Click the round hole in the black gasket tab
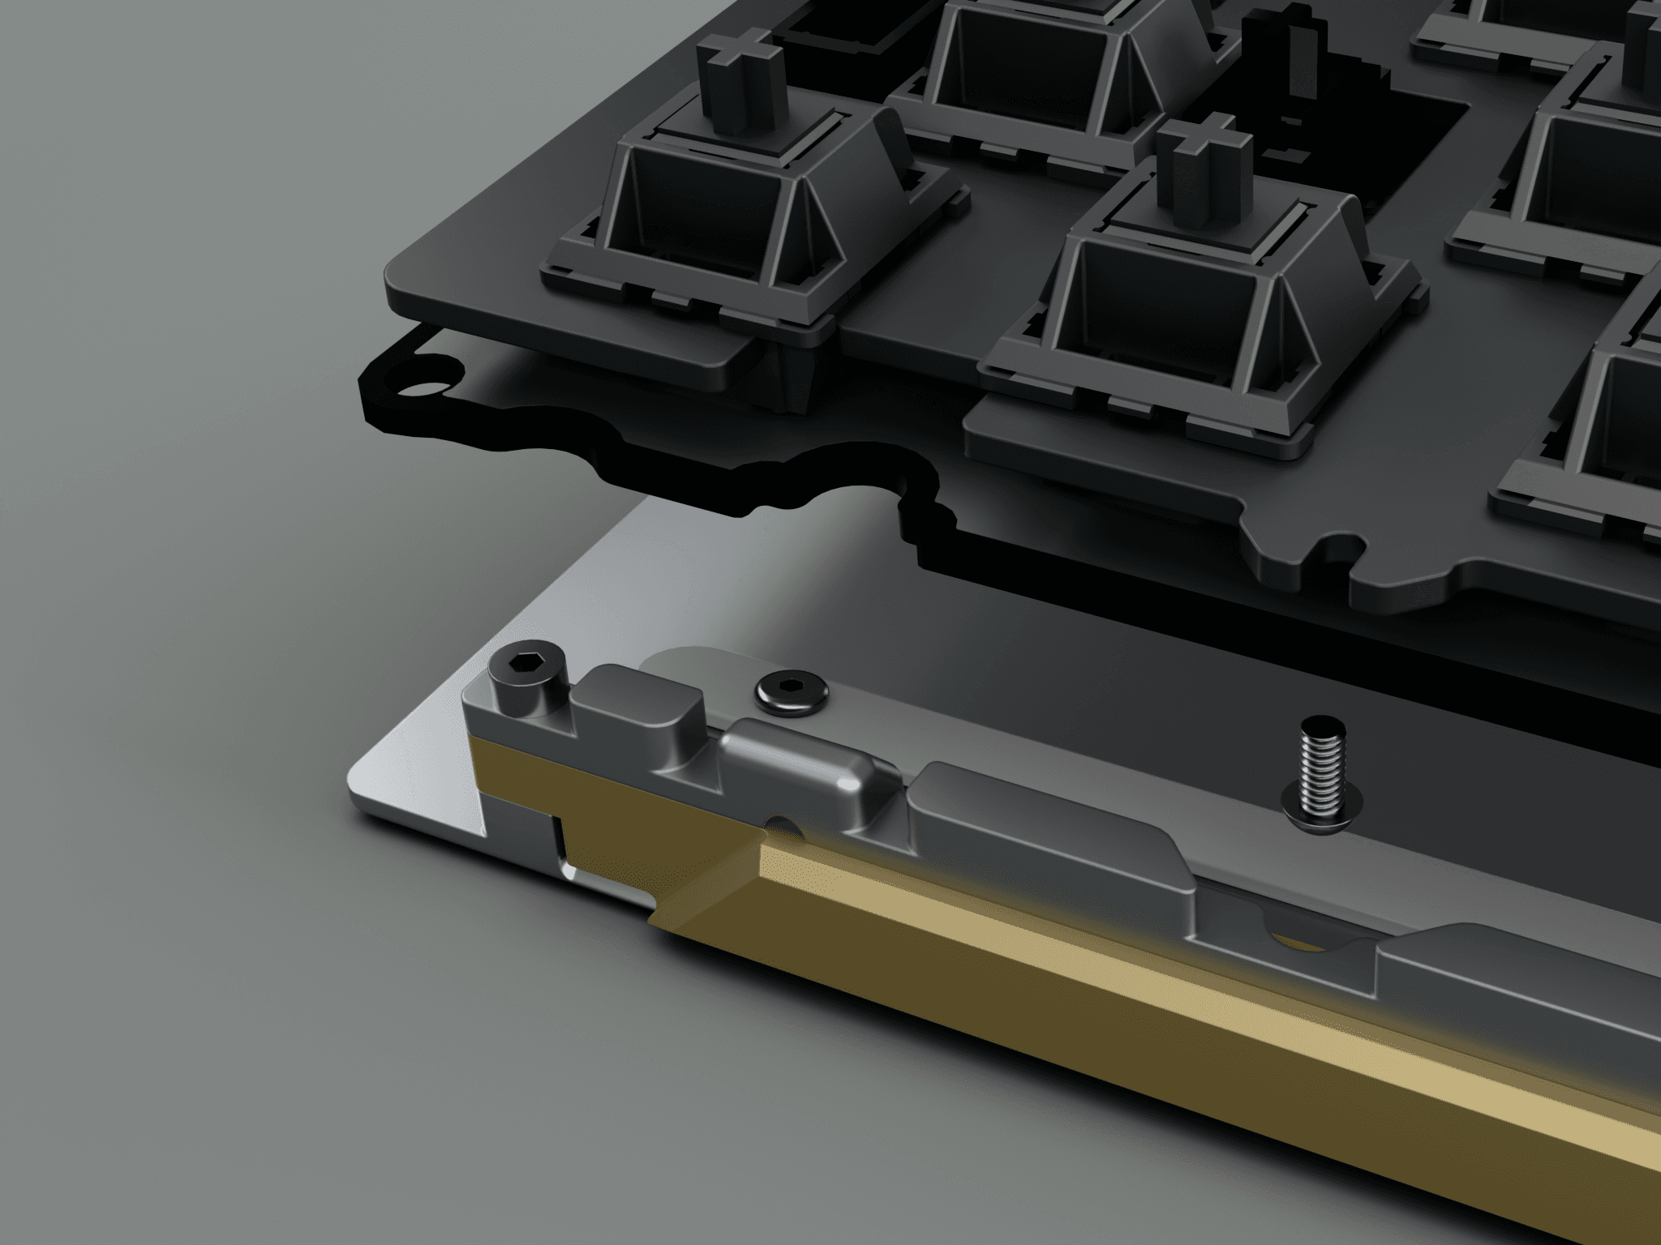[431, 389]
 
